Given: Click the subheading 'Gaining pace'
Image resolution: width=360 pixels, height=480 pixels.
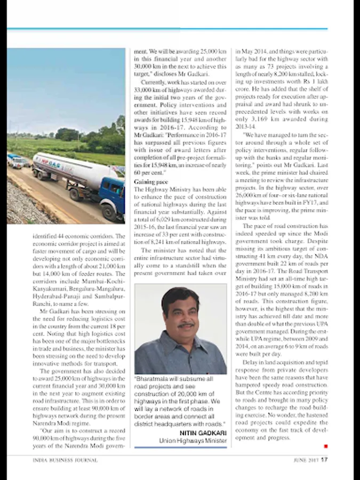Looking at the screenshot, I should tap(150, 182).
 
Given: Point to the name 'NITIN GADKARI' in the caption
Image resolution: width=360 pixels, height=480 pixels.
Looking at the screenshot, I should tap(203, 433).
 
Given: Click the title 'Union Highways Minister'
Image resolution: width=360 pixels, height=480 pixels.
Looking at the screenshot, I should tap(193, 441).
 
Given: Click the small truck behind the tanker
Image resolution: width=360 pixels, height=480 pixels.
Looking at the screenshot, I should tap(16, 160).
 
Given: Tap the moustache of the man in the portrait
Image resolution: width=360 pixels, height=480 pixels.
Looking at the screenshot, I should tap(186, 325).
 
